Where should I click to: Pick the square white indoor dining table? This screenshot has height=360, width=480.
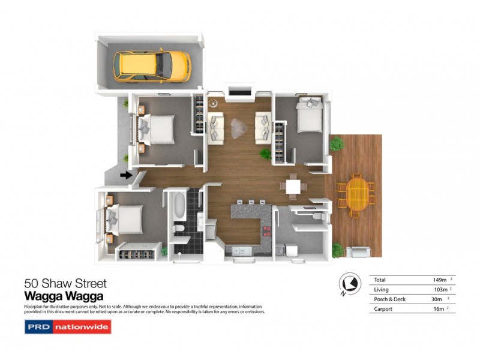[x=294, y=187]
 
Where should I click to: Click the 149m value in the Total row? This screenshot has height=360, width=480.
[x=440, y=280]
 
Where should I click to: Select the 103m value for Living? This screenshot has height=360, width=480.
[x=440, y=290]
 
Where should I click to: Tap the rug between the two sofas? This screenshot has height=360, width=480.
[x=239, y=127]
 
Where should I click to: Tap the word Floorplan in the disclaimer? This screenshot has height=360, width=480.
[x=34, y=306]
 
